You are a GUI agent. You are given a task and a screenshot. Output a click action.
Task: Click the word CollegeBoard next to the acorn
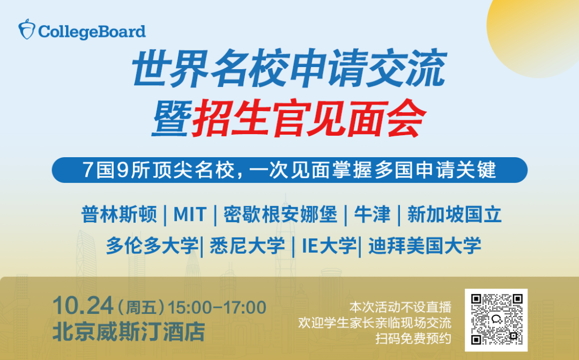pyautogui.click(x=92, y=31)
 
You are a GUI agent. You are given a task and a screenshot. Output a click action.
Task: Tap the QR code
pyautogui.click(x=496, y=319)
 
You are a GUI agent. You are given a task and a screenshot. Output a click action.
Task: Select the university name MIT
pyautogui.click(x=190, y=215)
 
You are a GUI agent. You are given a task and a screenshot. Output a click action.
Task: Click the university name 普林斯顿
pyautogui.click(x=119, y=215)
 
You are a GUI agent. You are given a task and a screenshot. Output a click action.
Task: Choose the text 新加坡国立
pyautogui.click(x=454, y=215)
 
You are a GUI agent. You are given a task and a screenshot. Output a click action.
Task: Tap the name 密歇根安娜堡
pyautogui.click(x=280, y=215)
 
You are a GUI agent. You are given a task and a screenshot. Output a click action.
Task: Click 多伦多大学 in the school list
pyautogui.click(x=152, y=246)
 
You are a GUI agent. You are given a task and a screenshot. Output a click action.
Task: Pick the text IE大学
pyautogui.click(x=329, y=246)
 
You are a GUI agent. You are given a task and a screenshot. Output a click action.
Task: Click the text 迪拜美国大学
pyautogui.click(x=424, y=246)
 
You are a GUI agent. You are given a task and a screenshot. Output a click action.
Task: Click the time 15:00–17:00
pyautogui.click(x=217, y=307)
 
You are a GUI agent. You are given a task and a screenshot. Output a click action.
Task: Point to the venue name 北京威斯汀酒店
pyautogui.click(x=129, y=331)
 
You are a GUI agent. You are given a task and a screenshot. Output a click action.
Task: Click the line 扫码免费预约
pyautogui.click(x=413, y=339)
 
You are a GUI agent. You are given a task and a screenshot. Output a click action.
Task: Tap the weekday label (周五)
pyautogui.click(x=140, y=308)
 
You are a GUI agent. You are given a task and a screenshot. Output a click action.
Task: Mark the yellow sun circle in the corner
pyautogui.click(x=541, y=38)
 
